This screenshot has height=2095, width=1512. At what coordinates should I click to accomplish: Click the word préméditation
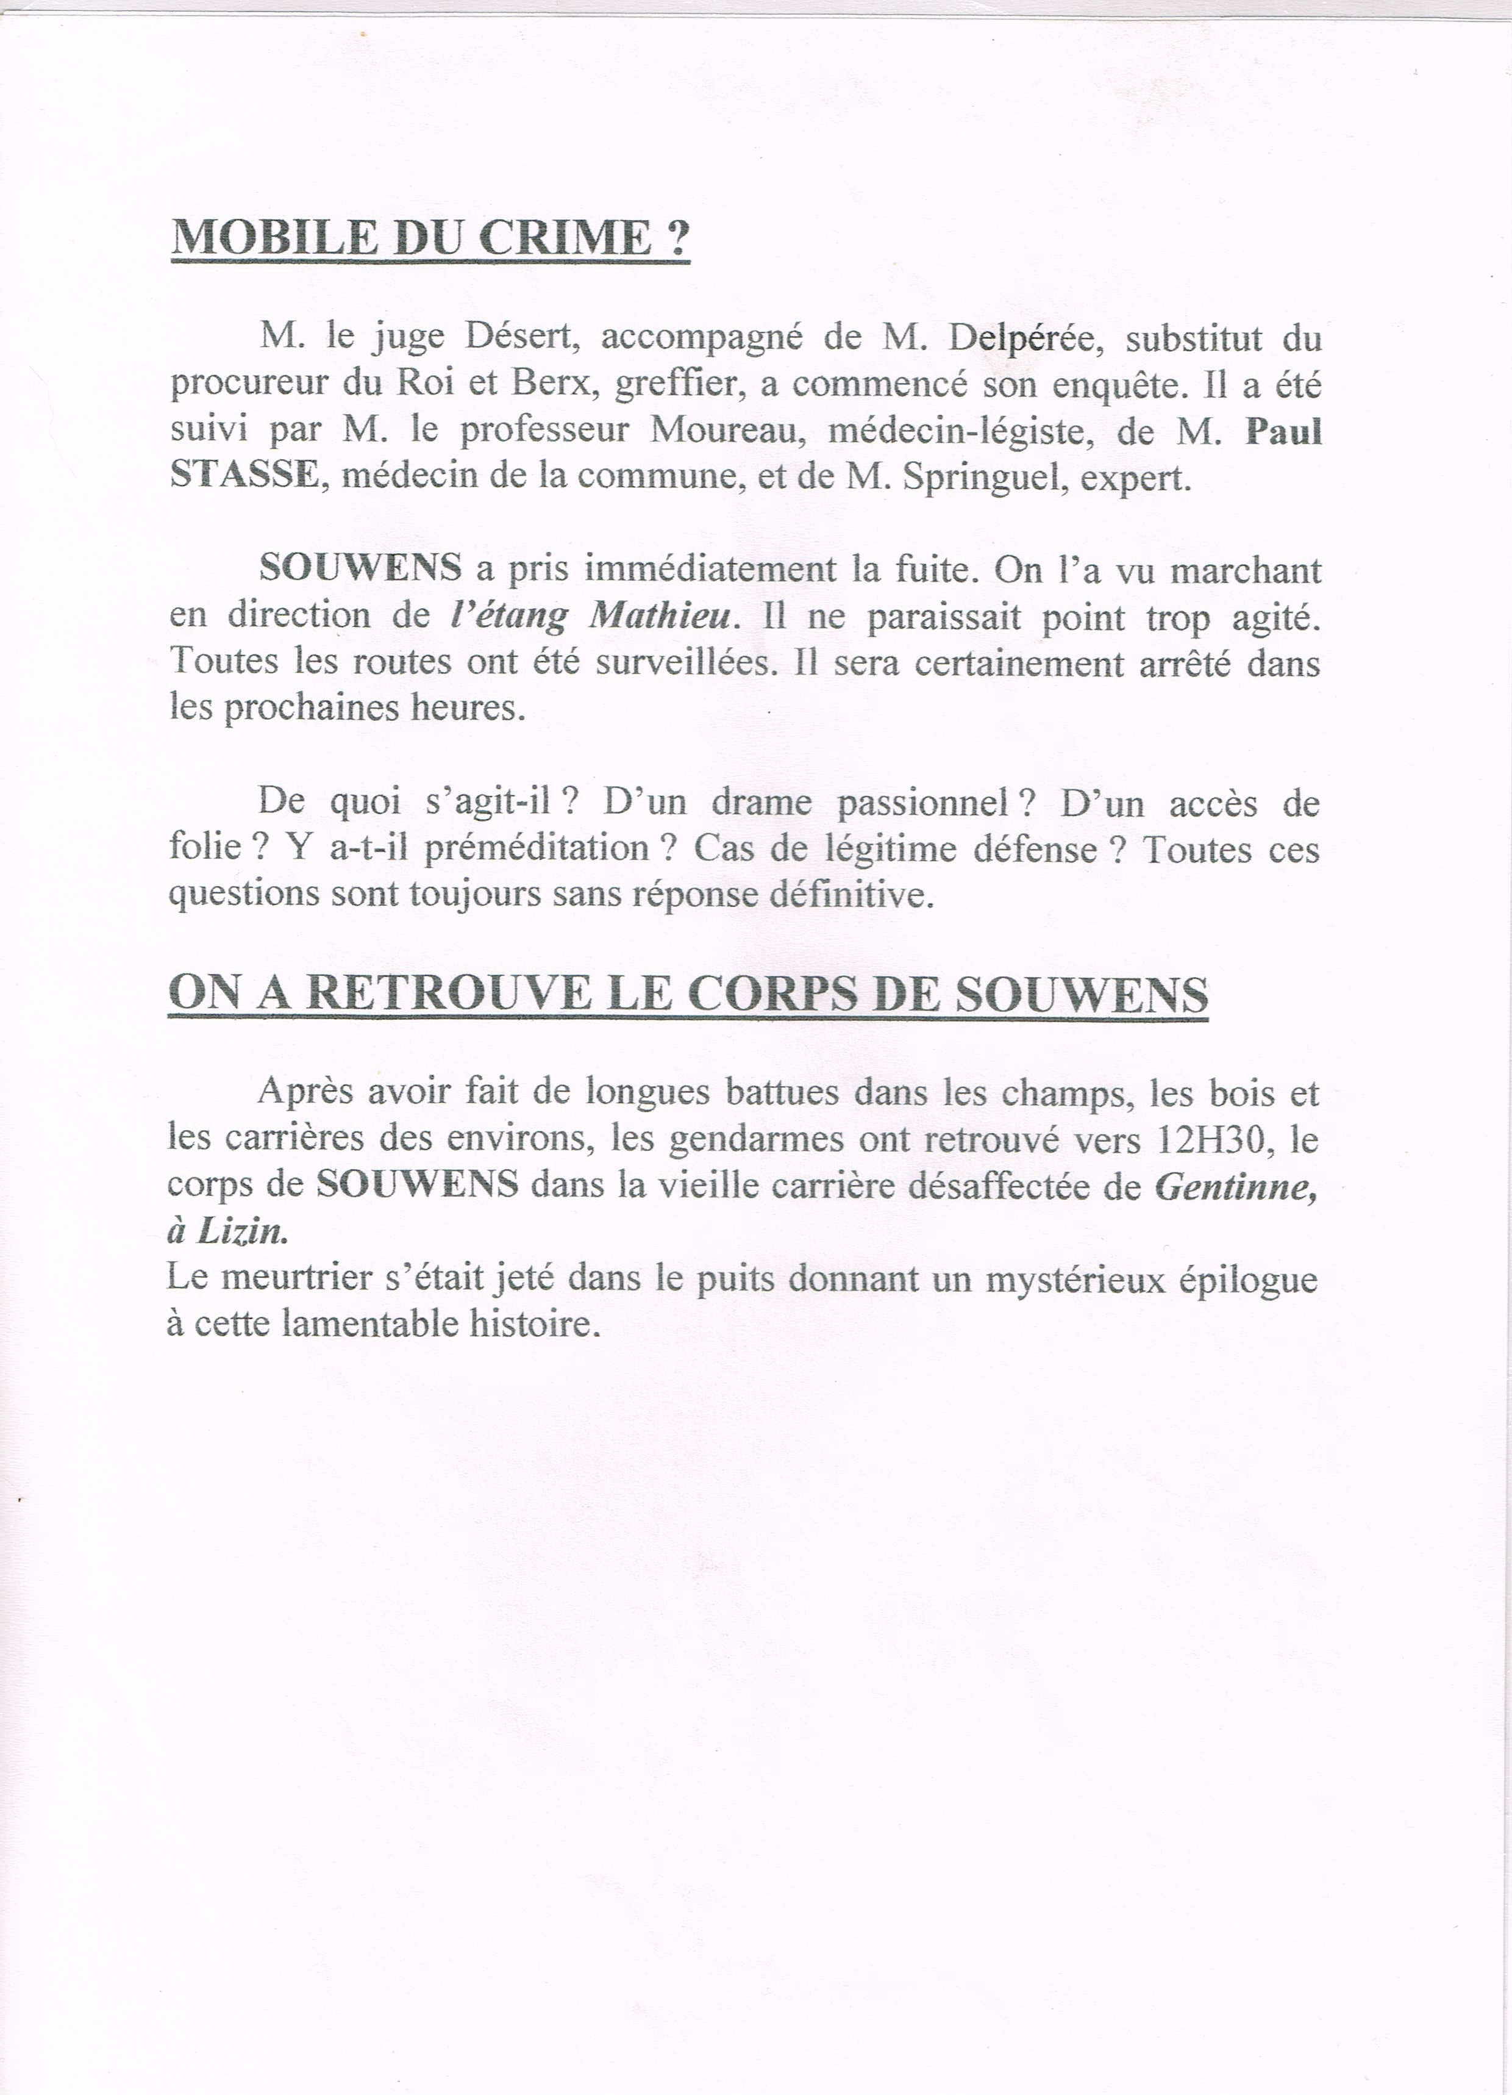point(538,848)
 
